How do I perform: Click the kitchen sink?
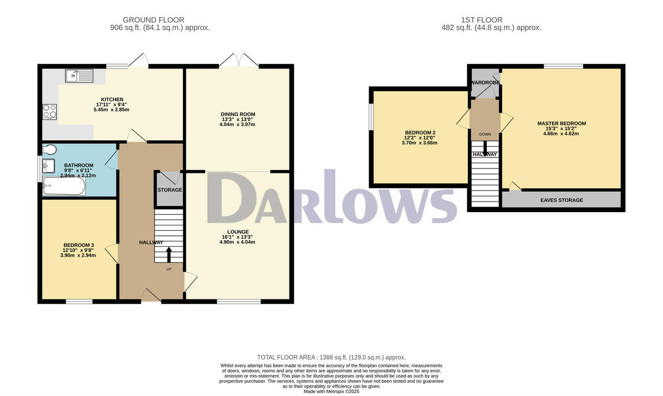tap(80, 76)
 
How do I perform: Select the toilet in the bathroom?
tap(50, 149)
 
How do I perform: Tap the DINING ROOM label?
tap(238, 114)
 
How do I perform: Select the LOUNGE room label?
tap(238, 232)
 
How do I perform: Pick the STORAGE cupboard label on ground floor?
tap(170, 190)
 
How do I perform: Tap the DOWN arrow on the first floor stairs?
tap(485, 146)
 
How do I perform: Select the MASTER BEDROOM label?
tap(561, 124)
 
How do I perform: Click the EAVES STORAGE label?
tap(561, 200)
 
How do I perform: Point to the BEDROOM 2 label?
tap(420, 133)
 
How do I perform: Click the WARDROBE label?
tap(485, 83)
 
